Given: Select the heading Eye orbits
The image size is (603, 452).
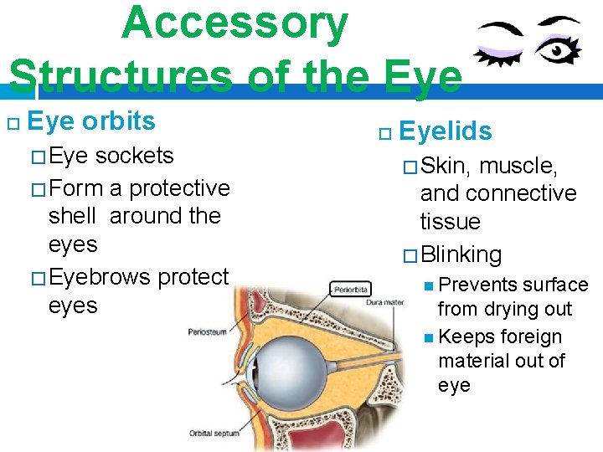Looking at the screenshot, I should click(x=91, y=121).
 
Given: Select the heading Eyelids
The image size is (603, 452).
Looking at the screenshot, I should click(x=446, y=131).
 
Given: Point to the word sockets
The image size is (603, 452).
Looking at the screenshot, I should click(x=134, y=156).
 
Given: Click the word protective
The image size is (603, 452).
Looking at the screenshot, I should click(x=179, y=187).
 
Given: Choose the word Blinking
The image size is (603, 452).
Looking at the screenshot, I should click(x=461, y=254).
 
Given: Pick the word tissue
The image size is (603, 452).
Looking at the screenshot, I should click(x=451, y=222).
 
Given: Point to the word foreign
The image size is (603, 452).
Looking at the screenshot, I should click(x=531, y=336).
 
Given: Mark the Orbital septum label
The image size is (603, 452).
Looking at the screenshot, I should click(x=214, y=433).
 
